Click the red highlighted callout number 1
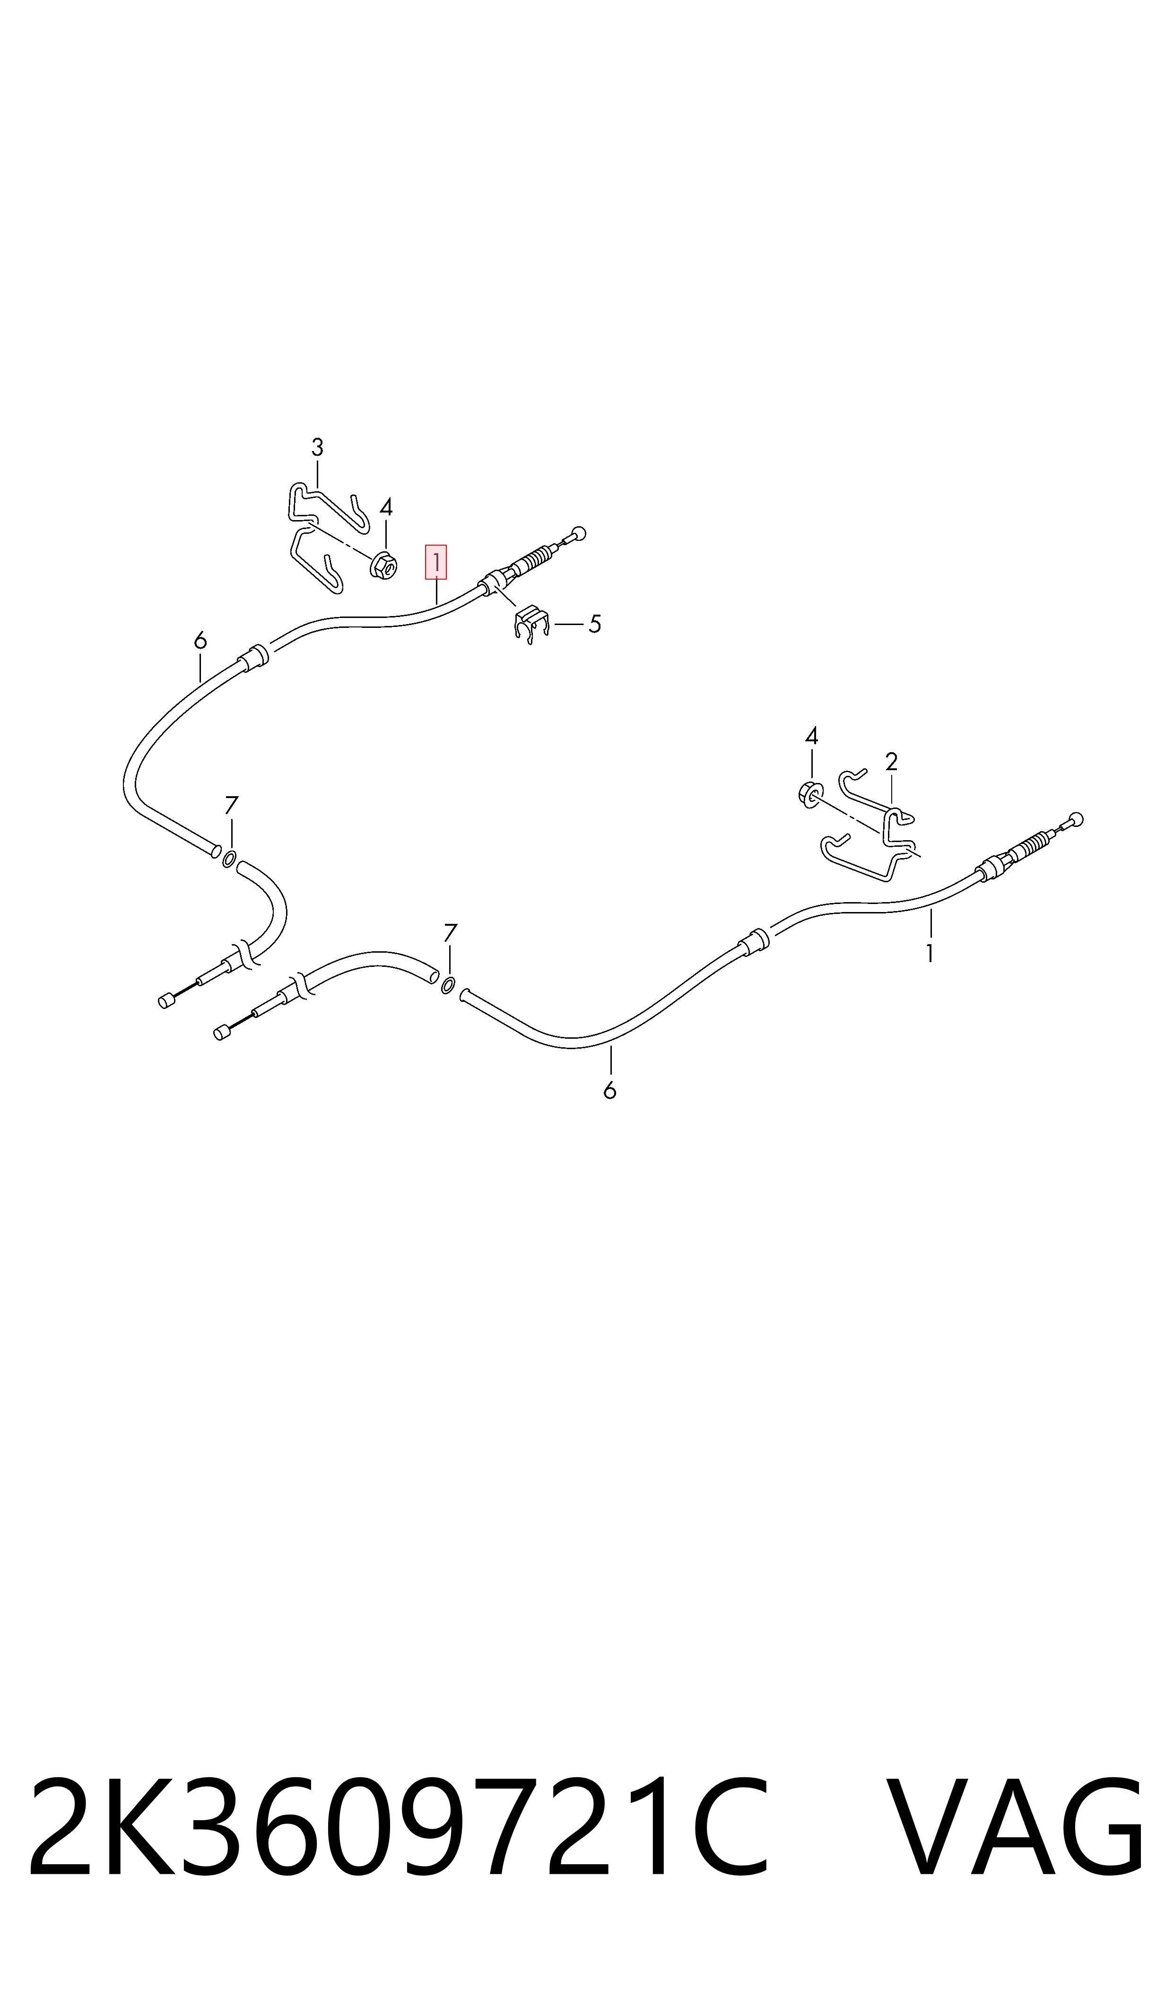point(436,562)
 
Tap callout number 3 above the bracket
point(317,448)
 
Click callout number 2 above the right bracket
point(892,762)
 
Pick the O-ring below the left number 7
point(229,859)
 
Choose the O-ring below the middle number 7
point(448,985)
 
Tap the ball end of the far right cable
point(1076,819)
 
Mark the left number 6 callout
point(200,640)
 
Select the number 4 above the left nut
point(386,507)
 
